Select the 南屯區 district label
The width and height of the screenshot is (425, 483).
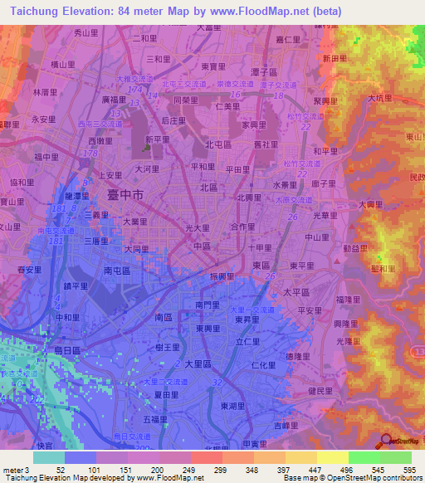[117, 271]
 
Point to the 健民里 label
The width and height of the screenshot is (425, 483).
[320, 390]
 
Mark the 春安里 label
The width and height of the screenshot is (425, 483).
[29, 270]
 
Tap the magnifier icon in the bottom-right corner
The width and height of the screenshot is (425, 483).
[386, 442]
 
